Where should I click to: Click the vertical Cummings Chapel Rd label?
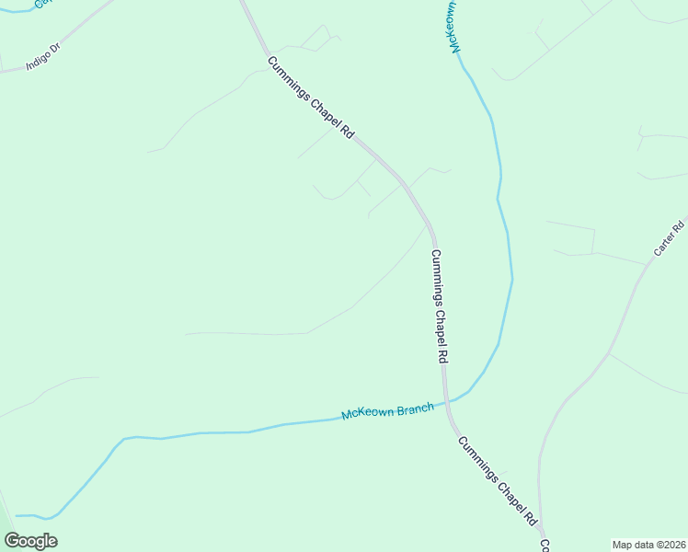tap(439, 305)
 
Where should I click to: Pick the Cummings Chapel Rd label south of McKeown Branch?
tap(498, 480)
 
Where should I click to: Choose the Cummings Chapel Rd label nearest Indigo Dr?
tap(311, 98)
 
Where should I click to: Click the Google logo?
tap(31, 541)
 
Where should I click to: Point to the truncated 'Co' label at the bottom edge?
tap(545, 546)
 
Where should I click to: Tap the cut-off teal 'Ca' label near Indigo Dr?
tap(41, 4)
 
